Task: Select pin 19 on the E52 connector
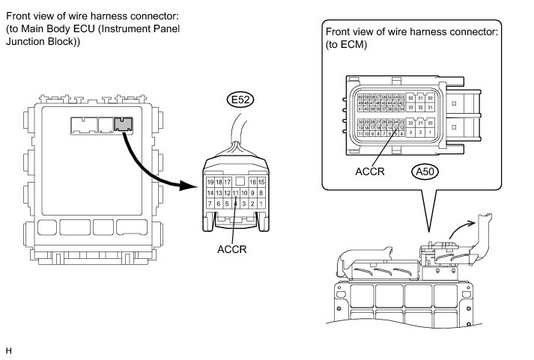click(x=210, y=182)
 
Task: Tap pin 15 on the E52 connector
click(x=262, y=182)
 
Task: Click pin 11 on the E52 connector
click(x=236, y=192)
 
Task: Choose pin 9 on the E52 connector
click(x=254, y=192)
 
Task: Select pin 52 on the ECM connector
click(x=411, y=99)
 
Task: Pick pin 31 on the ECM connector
click(x=430, y=108)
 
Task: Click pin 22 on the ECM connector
click(x=411, y=123)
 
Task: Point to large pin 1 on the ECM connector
click(x=430, y=132)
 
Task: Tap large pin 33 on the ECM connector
click(x=411, y=108)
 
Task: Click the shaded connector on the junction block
click(x=123, y=124)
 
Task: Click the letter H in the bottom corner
click(x=9, y=350)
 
